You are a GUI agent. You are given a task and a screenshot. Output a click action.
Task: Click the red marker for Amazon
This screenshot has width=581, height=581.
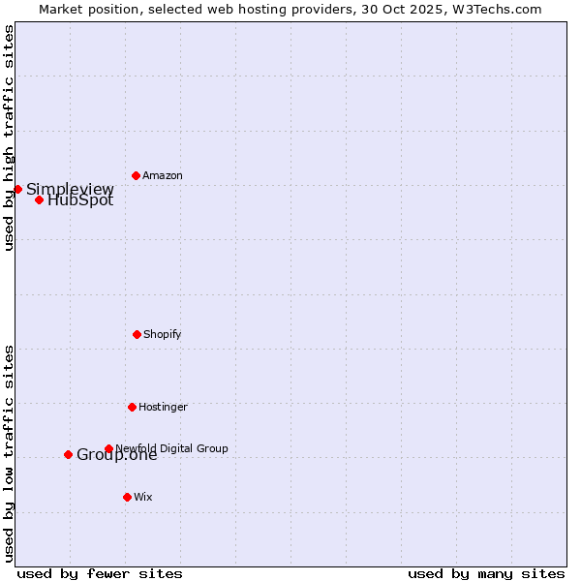pyautogui.click(x=136, y=175)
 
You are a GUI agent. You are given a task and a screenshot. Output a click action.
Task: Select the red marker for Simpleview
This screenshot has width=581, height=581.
pyautogui.click(x=17, y=189)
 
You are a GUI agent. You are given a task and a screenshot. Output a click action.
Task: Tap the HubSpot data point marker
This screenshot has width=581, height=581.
pyautogui.click(x=39, y=199)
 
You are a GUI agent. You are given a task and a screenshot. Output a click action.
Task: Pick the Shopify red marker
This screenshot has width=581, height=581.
pyautogui.click(x=137, y=334)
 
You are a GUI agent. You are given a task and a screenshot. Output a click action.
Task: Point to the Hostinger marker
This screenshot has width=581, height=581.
pyautogui.click(x=132, y=407)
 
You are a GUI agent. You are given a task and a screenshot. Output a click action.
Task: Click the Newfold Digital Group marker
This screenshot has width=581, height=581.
pyautogui.click(x=108, y=448)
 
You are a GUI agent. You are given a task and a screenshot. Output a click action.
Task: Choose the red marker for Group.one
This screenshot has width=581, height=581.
pyautogui.click(x=68, y=454)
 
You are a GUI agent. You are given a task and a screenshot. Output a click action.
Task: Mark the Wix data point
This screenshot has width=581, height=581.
pyautogui.click(x=127, y=497)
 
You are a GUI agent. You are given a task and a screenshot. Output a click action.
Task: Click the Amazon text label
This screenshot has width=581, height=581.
pyautogui.click(x=163, y=175)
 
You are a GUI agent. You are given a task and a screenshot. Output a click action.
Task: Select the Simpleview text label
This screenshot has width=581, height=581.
pyautogui.click(x=70, y=189)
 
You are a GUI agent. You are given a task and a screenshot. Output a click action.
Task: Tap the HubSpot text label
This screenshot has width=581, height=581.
pyautogui.click(x=80, y=201)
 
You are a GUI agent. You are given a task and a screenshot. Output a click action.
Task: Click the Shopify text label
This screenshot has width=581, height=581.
pyautogui.click(x=163, y=334)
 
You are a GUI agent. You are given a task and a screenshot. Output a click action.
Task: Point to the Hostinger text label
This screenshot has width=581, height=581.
pyautogui.click(x=163, y=407)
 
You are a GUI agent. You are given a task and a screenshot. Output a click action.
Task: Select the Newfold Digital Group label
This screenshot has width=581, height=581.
pyautogui.click(x=172, y=448)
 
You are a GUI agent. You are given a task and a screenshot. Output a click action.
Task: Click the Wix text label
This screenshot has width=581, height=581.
pyautogui.click(x=143, y=497)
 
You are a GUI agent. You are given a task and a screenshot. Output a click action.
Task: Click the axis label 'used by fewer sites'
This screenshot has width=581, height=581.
pyautogui.click(x=100, y=573)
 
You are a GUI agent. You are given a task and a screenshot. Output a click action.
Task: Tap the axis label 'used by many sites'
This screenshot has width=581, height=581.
pyautogui.click(x=486, y=573)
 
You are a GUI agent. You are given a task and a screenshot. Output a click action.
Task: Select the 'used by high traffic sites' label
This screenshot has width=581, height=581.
pyautogui.click(x=9, y=138)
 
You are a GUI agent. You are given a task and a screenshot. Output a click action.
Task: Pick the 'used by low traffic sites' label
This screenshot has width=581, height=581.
pyautogui.click(x=9, y=453)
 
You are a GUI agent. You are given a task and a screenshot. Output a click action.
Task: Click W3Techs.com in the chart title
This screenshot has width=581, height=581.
pyautogui.click(x=495, y=9)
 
